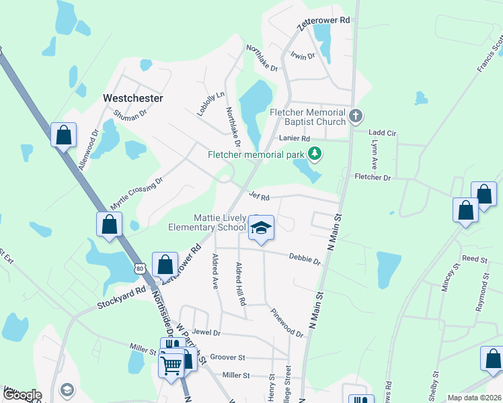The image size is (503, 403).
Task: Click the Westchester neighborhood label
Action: click(132, 98)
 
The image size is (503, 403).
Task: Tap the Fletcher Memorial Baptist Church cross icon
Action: click(356, 118)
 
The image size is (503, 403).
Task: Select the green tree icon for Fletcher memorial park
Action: click(314, 154)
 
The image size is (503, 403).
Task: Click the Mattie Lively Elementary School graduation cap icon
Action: click(261, 228)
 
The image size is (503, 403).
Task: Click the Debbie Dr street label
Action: click(305, 258)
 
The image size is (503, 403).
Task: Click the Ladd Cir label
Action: click(382, 134)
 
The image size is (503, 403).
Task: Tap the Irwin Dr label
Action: click(303, 56)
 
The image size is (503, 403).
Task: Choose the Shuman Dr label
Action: click(130, 116)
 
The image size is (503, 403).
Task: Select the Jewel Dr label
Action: click(206, 332)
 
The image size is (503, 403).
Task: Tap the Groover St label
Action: click(227, 357)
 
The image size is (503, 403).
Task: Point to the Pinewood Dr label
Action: click(286, 322)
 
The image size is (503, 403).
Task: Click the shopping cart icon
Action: click(171, 366)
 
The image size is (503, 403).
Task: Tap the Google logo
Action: click(22, 395)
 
